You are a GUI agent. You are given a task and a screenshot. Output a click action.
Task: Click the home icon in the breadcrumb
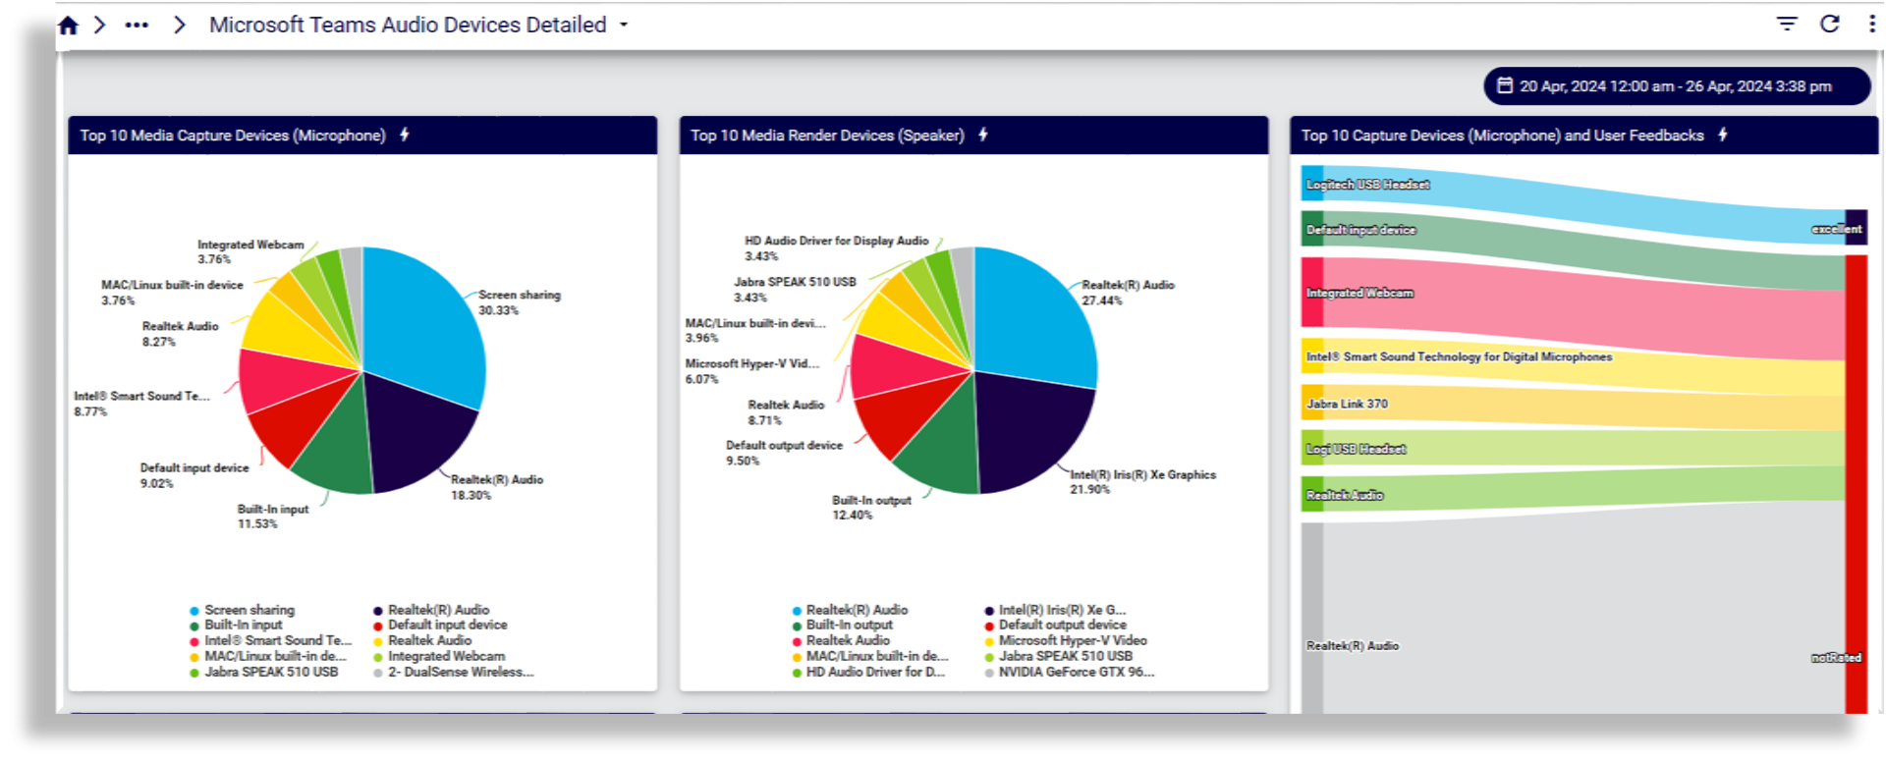click(x=68, y=26)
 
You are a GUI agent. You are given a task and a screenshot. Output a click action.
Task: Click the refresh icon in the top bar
click(x=1829, y=24)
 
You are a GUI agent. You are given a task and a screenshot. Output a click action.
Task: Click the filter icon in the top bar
click(x=1787, y=24)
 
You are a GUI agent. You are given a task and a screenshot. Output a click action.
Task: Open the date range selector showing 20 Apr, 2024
click(x=1675, y=86)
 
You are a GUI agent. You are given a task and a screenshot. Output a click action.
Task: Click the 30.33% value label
click(x=498, y=310)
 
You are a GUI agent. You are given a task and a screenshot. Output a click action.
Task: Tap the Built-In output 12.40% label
click(x=870, y=508)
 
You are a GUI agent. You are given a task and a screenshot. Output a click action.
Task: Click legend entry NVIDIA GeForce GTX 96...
click(x=1075, y=673)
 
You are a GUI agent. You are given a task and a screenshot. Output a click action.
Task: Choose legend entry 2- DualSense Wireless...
click(x=460, y=673)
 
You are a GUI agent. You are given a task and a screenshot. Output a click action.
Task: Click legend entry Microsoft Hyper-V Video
click(x=1072, y=640)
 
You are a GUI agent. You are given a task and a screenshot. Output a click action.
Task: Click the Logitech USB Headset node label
click(x=1367, y=185)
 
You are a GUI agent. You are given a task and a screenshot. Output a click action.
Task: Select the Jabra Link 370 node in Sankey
click(x=1347, y=404)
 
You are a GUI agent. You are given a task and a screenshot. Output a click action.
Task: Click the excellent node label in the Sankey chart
click(x=1836, y=229)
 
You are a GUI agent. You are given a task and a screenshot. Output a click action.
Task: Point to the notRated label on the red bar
click(x=1836, y=658)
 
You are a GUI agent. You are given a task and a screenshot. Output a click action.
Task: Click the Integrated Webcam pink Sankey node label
click(x=1359, y=293)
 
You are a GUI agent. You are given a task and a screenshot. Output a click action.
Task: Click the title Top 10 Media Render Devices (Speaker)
click(x=826, y=136)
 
